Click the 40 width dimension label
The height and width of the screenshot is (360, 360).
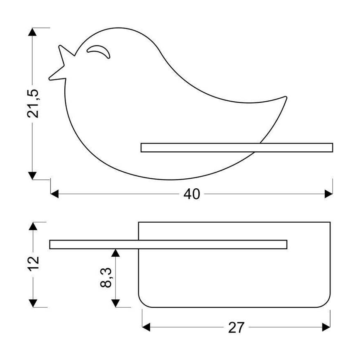192,194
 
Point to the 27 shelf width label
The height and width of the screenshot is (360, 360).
236,328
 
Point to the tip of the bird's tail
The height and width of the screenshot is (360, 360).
285,98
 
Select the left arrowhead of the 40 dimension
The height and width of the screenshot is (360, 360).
54,194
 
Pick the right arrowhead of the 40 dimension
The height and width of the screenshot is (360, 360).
328,194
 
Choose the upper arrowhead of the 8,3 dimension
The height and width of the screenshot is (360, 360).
117,253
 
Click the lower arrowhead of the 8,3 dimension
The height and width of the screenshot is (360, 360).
117,303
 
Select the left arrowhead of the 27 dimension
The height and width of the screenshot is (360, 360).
146,328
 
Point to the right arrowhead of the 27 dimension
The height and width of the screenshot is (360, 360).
326,328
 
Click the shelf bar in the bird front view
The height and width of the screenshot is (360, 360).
236,148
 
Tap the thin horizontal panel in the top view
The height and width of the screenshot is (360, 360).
168,245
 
